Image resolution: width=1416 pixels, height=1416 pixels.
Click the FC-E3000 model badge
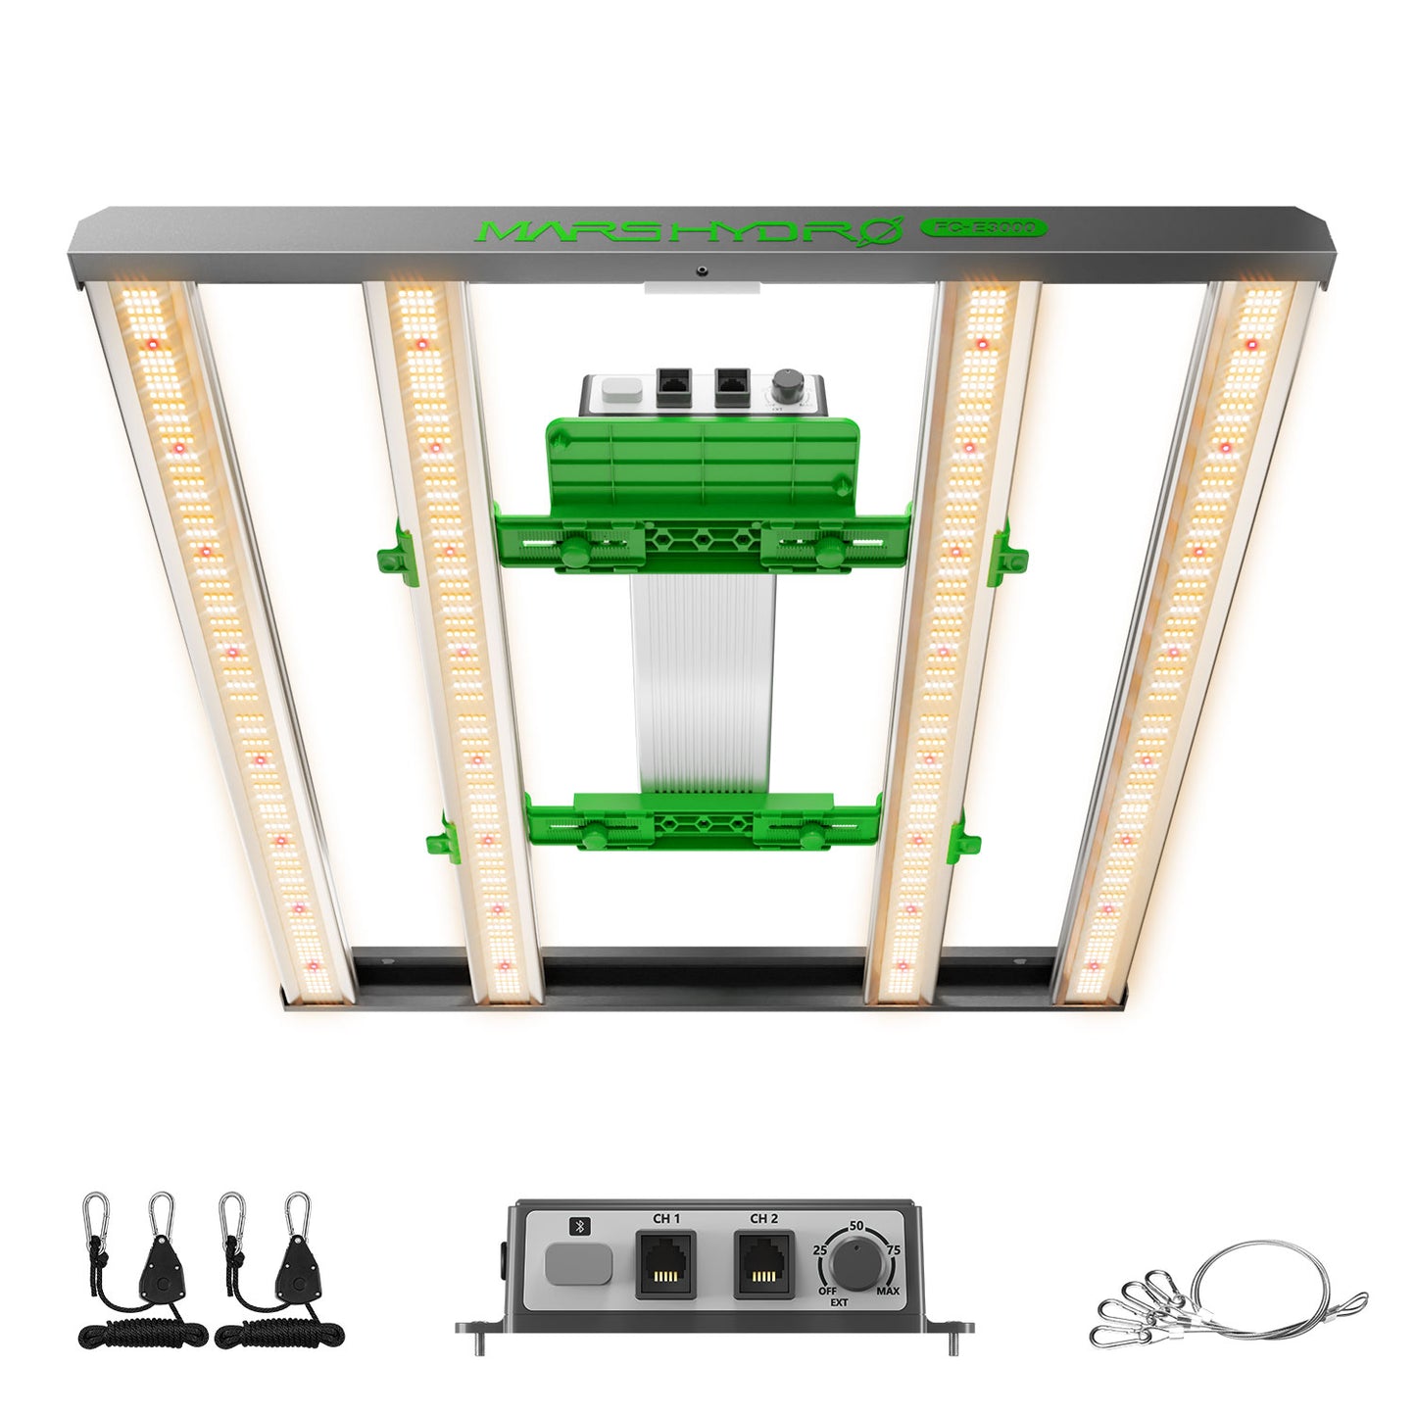point(984,227)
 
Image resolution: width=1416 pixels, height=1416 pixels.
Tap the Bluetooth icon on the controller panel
point(577,1225)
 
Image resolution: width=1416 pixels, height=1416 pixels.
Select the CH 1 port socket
point(667,1265)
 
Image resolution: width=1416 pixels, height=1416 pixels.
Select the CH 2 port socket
point(764,1265)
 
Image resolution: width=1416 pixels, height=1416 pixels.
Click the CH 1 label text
point(666,1219)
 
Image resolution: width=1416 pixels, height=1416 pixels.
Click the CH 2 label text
point(764,1219)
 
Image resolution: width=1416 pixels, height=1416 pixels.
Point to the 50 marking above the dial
point(856,1226)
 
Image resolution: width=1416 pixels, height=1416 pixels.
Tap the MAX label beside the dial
point(888,1292)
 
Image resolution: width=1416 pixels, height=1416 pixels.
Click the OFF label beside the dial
point(828,1292)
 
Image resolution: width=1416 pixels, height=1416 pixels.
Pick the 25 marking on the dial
point(820,1250)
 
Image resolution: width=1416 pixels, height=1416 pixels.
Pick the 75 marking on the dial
point(893,1250)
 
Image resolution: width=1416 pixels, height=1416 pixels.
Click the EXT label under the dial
point(839,1303)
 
